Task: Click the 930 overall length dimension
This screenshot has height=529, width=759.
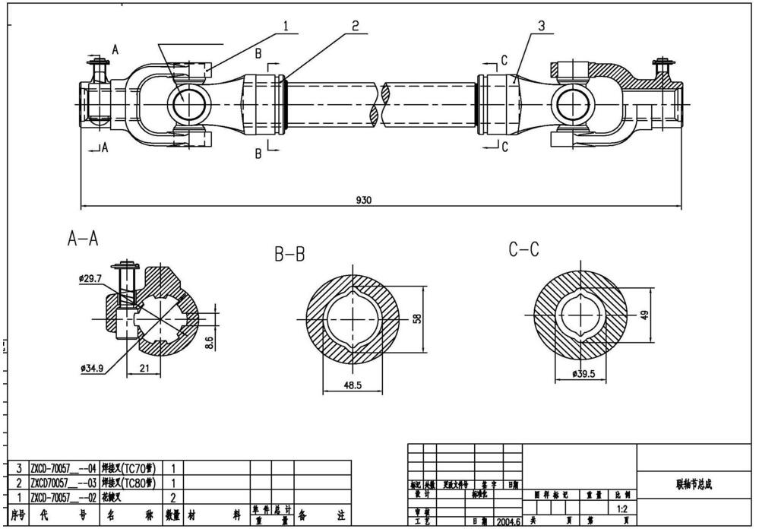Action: [x=364, y=200]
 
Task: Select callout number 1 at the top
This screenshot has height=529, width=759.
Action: [x=286, y=25]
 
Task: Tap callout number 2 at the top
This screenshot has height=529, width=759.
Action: [x=355, y=25]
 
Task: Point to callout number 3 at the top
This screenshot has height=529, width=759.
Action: [x=541, y=25]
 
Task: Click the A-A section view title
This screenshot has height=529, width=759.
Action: [x=84, y=239]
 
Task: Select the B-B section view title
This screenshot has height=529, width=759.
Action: [x=289, y=255]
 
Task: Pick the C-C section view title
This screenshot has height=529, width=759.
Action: [x=524, y=249]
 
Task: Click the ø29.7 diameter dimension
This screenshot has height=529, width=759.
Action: [x=90, y=279]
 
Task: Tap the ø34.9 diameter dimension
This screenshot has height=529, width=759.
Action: [x=92, y=368]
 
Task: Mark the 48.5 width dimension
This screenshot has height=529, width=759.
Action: [x=353, y=385]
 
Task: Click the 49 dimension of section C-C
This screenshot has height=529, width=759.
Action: [x=645, y=314]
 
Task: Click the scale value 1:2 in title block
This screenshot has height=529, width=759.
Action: [x=622, y=508]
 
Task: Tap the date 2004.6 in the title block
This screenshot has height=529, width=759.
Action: [x=508, y=522]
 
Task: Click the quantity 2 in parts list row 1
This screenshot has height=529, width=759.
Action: [x=174, y=497]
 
